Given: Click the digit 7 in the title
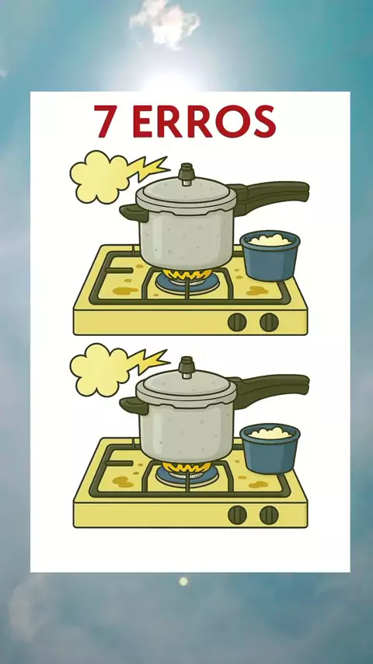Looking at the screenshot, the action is coord(104,121).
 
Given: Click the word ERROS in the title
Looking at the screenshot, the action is coord(204,121).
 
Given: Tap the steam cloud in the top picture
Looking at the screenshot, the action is coord(99,176).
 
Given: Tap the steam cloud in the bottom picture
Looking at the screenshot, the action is coord(99,369).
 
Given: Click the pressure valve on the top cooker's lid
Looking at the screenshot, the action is coord(186,174).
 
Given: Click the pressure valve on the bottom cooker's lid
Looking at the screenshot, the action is coord(186,367).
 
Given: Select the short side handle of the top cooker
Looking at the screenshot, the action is coord(134,212).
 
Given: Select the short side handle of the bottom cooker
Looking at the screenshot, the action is coord(134,405).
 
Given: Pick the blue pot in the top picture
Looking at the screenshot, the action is coord(270,255).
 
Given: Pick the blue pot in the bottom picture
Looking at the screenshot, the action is coord(270,449).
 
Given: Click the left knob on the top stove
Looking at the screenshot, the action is coord(237,322).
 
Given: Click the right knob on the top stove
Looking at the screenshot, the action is coord(270,322).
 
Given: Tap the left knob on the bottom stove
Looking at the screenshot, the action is coord(237,515).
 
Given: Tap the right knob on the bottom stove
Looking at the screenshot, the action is coord(270,515).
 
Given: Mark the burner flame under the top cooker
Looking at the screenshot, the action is coord(187,275).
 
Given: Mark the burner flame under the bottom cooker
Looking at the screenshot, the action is coord(187,468).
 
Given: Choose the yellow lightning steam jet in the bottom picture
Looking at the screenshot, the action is coord(148,362).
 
